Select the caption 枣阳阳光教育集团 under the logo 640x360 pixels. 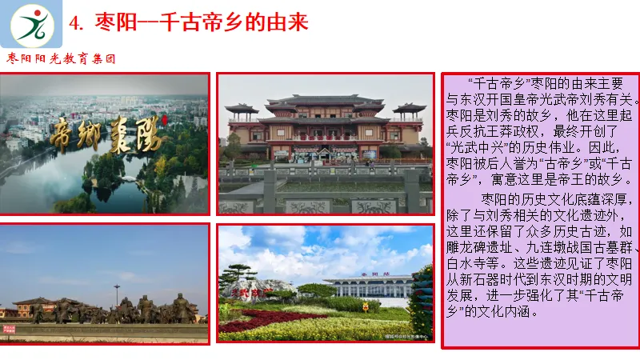tap(62, 58)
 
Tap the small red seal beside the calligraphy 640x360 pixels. tap(163, 120)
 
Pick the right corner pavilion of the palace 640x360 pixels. tap(409, 110)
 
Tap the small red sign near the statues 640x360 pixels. tap(9, 329)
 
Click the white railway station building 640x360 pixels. tap(368, 286)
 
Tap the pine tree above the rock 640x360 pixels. tap(240, 272)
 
